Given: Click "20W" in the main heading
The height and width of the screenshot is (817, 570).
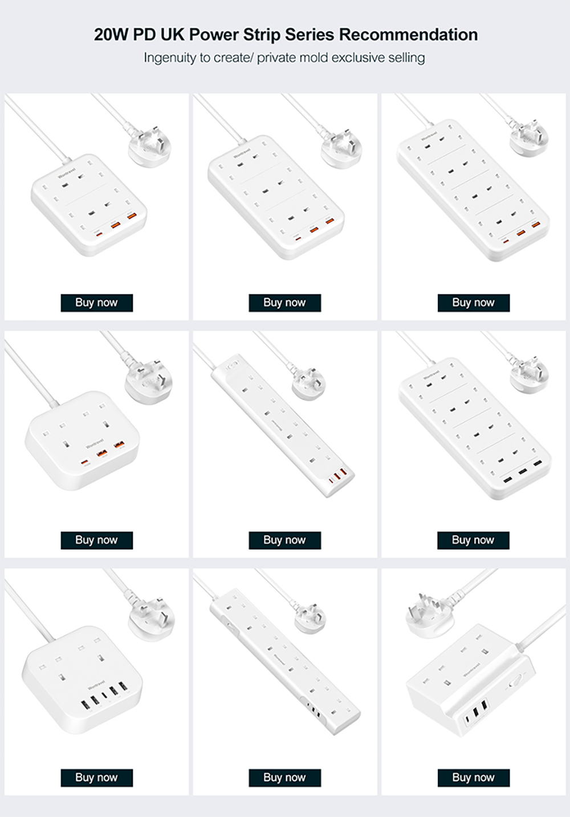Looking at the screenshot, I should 111,35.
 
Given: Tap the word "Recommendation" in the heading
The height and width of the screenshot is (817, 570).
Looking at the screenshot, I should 408,35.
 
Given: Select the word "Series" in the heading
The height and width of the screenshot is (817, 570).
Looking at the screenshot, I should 310,35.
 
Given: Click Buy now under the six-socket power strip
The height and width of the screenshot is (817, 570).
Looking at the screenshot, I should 284,303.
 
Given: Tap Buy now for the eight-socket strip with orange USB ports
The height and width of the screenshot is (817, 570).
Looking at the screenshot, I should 473,303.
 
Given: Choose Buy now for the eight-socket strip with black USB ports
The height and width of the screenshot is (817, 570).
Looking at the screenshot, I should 473,540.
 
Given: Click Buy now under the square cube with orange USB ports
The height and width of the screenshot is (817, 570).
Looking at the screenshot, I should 96,540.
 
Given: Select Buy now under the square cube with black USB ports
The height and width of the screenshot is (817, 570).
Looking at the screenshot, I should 96,778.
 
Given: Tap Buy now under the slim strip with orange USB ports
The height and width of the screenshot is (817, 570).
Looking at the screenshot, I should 284,540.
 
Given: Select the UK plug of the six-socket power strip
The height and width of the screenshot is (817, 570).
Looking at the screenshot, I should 341,148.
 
